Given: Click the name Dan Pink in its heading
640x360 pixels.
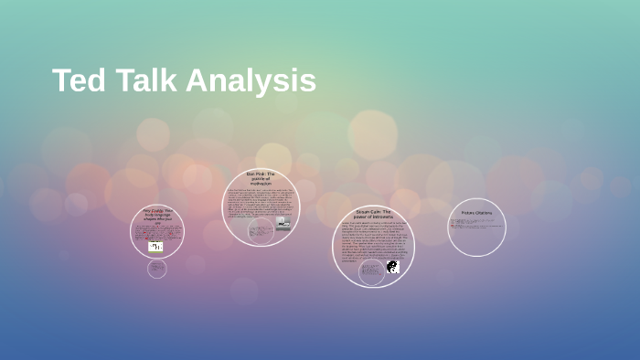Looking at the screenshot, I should coord(254,173).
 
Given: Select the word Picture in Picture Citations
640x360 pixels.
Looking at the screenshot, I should coord(467,214).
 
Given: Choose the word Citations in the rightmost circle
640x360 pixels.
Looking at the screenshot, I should coord(485,214).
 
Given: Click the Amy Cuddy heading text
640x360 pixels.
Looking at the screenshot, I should coord(157,217).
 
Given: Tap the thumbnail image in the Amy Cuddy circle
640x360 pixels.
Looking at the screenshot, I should coord(155,246).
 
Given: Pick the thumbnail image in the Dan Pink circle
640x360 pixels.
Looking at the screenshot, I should coord(283,222).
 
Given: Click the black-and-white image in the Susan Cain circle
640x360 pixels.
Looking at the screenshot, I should coord(392,267).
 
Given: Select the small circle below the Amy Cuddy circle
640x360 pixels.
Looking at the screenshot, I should coord(157,269).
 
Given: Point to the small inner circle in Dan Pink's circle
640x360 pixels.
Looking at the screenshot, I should coord(261,230).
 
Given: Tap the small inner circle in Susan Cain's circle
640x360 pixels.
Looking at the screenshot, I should coord(371,271).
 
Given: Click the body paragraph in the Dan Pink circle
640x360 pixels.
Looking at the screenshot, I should coord(260,204).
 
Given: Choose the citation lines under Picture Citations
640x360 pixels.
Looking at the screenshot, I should coord(475,224).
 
